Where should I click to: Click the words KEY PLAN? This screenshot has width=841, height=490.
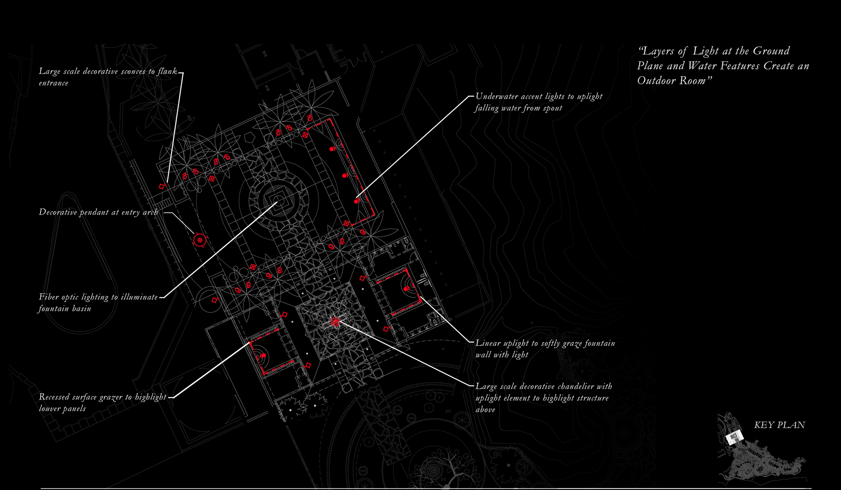[779, 425]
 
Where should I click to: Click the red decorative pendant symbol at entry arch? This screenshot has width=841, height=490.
[200, 240]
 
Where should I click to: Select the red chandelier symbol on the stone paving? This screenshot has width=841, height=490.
[335, 322]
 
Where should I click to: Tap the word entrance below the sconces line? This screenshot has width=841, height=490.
[53, 83]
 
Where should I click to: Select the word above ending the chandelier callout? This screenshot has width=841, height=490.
[485, 410]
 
